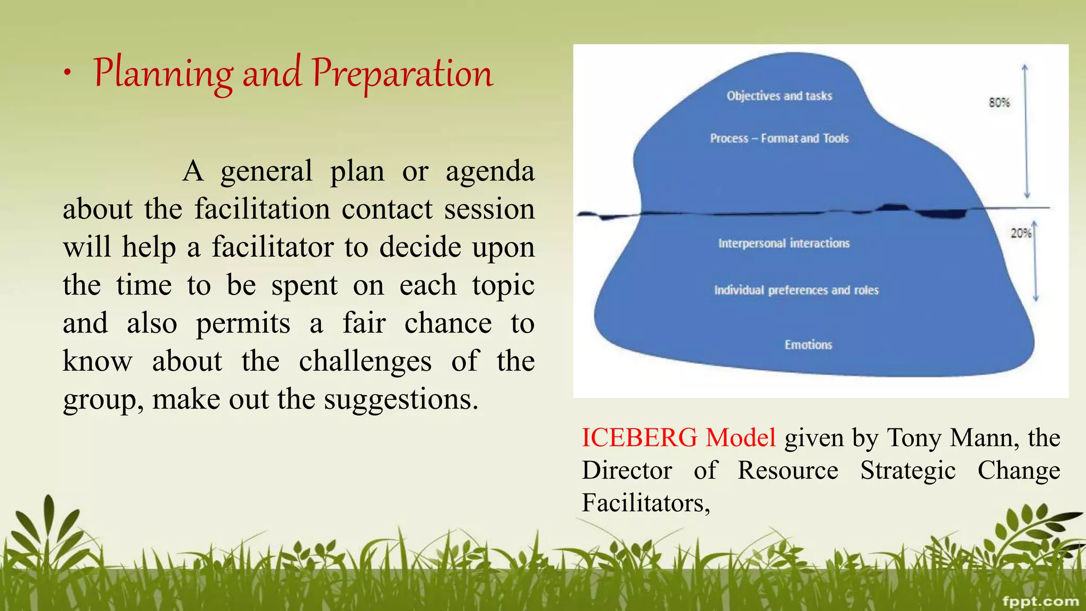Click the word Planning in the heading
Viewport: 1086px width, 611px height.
pos(163,74)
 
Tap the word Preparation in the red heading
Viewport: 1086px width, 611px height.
pos(402,74)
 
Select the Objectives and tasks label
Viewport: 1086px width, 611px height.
pos(779,96)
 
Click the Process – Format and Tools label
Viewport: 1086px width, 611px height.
pos(779,138)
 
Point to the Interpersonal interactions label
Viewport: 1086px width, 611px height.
pos(784,243)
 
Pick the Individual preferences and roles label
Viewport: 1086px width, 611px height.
pos(796,290)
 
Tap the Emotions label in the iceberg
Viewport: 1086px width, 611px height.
pos(808,345)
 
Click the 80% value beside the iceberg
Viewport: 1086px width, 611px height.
pos(999,102)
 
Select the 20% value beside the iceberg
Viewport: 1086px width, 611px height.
pos(1020,233)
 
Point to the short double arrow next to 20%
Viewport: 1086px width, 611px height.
pos(1035,263)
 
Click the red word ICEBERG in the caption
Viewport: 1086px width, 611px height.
pos(639,438)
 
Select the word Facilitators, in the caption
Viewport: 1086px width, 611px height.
pos(645,503)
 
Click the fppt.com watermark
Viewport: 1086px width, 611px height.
pos(1040,601)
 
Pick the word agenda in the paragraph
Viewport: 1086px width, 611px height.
pos(489,171)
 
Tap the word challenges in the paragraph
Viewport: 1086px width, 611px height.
pos(365,361)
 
